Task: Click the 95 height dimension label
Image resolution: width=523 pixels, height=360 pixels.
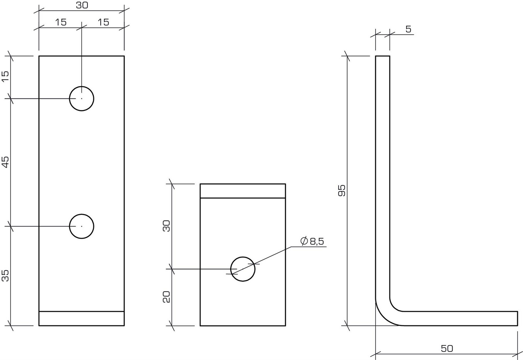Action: [342, 191]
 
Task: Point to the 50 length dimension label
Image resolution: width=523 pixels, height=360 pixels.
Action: [447, 349]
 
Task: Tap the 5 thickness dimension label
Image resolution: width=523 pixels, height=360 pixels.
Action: [409, 29]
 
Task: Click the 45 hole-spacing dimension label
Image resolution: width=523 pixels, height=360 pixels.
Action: [6, 162]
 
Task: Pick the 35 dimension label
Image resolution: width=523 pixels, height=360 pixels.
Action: [6, 276]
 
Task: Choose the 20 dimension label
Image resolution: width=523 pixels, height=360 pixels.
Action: [167, 297]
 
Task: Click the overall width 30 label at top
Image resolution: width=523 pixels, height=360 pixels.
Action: [82, 5]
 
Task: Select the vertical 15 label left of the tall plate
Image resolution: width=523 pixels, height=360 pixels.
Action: [6, 77]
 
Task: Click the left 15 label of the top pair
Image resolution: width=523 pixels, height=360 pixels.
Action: [61, 22]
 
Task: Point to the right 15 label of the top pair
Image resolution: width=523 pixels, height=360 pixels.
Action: [103, 22]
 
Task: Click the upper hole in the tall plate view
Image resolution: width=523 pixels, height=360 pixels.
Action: [82, 98]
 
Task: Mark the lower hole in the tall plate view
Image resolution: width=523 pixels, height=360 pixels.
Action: [82, 226]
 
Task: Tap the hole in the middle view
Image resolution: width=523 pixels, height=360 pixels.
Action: [243, 269]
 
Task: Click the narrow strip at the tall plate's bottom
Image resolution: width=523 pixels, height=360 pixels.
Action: [82, 318]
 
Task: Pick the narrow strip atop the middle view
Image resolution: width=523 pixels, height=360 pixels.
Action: [243, 191]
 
